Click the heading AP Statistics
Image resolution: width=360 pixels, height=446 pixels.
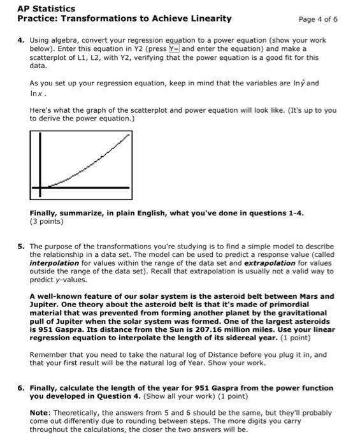pos(46,8)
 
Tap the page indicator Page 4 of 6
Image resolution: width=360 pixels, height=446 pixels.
pos(318,19)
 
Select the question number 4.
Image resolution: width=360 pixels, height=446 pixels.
pos(20,40)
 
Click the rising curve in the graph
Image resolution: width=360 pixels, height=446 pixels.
pos(89,166)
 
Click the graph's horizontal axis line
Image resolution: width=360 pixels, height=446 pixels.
pos(83,187)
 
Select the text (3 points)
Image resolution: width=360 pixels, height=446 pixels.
pos(47,222)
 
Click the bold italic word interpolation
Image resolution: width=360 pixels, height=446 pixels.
pos(54,263)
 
